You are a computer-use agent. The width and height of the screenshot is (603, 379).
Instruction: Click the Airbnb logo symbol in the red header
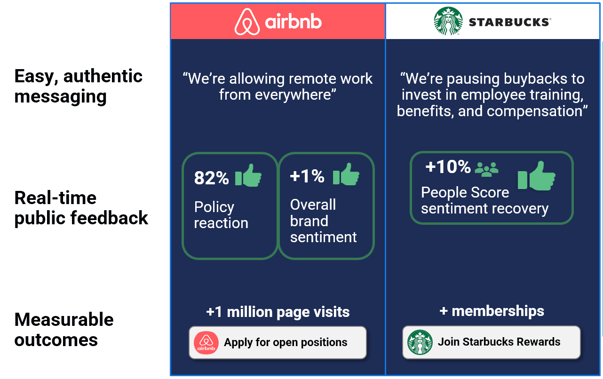click(247, 22)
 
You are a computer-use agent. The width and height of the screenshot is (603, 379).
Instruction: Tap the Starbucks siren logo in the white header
click(448, 21)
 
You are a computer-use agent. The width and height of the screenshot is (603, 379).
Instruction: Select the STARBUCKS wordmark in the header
click(509, 22)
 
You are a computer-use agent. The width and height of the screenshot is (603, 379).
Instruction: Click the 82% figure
click(211, 178)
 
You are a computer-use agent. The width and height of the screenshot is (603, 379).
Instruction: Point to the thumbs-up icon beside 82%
click(248, 175)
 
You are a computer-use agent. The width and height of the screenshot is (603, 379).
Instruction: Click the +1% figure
click(307, 176)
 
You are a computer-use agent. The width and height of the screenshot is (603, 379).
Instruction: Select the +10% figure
click(448, 166)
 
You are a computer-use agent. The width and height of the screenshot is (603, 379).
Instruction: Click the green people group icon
click(486, 168)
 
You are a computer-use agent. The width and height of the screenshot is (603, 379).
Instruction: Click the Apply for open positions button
click(278, 342)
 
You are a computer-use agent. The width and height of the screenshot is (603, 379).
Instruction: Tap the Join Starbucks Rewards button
click(491, 342)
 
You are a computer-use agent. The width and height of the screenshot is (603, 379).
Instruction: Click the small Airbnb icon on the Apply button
click(206, 343)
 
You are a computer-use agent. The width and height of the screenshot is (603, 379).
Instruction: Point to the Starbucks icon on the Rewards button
click(420, 342)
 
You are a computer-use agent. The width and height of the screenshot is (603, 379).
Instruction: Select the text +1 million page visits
click(278, 312)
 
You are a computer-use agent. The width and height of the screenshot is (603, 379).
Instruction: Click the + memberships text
click(492, 311)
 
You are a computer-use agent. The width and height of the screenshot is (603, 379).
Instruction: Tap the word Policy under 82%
click(214, 207)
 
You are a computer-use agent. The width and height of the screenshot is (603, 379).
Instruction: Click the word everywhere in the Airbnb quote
click(295, 95)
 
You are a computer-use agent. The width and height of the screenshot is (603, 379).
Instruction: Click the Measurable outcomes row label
click(64, 329)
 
